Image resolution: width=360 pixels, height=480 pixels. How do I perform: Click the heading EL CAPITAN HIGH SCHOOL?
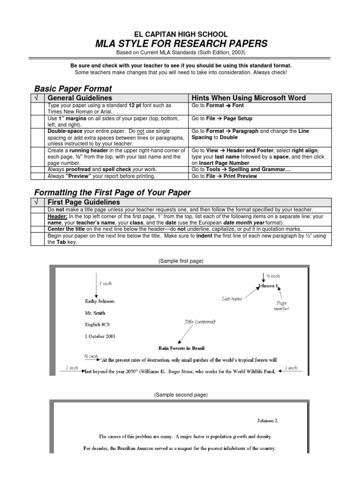click(181, 34)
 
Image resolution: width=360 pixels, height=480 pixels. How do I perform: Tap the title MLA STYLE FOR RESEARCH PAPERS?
click(181, 44)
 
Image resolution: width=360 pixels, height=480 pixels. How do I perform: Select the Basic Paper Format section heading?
click(74, 89)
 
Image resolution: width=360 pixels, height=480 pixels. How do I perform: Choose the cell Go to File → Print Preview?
click(224, 176)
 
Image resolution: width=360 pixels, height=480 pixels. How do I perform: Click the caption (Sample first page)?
click(181, 260)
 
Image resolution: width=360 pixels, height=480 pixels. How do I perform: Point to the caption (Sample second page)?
click(181, 395)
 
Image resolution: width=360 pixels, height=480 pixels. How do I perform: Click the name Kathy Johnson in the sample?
click(99, 301)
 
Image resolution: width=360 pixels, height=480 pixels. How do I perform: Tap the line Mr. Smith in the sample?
click(95, 313)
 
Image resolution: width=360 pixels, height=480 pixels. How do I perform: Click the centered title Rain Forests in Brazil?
click(181, 348)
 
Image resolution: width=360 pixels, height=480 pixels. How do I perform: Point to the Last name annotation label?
click(232, 299)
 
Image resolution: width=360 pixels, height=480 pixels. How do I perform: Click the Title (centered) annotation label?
click(200, 322)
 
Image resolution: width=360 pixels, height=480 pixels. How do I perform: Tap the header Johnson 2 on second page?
click(268, 420)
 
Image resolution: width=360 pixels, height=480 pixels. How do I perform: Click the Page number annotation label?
click(282, 306)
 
